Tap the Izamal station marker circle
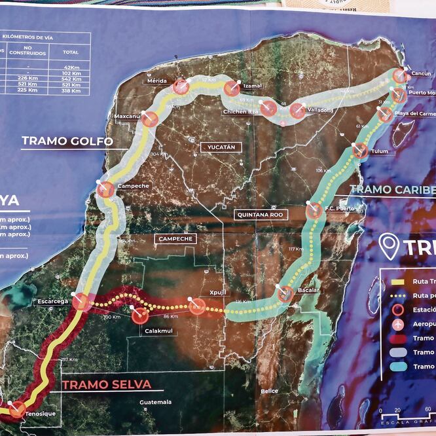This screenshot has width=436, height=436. [x=232, y=88]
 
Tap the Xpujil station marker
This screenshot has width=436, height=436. [x=197, y=306]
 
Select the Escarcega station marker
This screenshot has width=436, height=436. [x=81, y=302]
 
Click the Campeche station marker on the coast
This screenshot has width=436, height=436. [x=105, y=191]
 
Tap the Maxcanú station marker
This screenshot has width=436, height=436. [x=150, y=119]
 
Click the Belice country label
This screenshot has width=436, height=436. [x=270, y=391]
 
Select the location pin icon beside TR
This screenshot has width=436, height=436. [x=390, y=247]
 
